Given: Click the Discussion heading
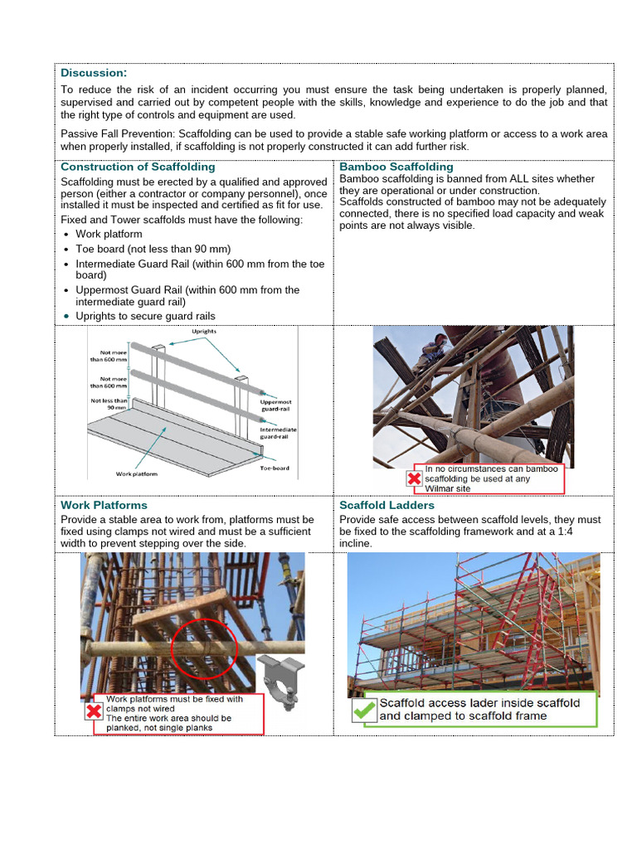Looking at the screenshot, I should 94,73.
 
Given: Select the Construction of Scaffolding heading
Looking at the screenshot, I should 138,167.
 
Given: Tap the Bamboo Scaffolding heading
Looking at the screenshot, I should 396,167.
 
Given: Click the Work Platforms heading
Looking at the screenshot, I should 104,505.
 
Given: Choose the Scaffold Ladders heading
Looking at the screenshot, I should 387,505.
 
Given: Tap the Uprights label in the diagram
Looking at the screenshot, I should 205,332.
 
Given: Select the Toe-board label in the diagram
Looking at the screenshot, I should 274,468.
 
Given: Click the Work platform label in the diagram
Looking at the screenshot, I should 136,474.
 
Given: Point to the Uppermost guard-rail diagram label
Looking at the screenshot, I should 276,405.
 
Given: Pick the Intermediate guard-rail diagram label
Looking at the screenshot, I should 278,434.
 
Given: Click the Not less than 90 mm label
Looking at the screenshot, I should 109,404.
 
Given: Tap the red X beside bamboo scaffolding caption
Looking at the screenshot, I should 414,478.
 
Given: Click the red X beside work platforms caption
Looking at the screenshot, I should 94,712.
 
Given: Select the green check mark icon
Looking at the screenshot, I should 362,711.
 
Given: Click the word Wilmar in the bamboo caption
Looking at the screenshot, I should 440,488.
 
